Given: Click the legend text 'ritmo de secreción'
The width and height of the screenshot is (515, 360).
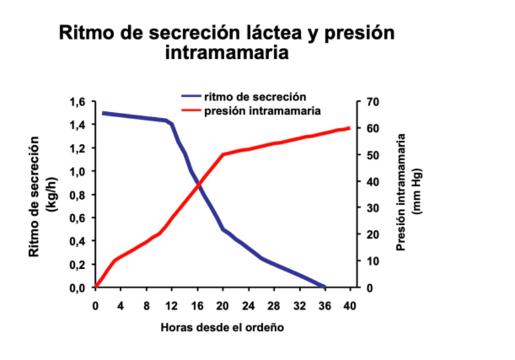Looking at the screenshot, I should tap(254, 97).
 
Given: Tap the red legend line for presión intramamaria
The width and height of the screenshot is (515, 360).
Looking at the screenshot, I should tap(191, 111).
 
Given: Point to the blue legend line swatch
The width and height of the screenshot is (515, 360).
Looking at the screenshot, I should tap(191, 97).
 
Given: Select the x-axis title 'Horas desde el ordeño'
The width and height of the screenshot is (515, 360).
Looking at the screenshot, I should tap(222, 327).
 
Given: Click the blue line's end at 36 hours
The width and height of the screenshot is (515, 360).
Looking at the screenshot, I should tap(325, 287).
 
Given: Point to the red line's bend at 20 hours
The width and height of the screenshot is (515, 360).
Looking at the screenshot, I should tap(223, 154).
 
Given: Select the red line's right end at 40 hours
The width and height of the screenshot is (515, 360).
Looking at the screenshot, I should tap(350, 128).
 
